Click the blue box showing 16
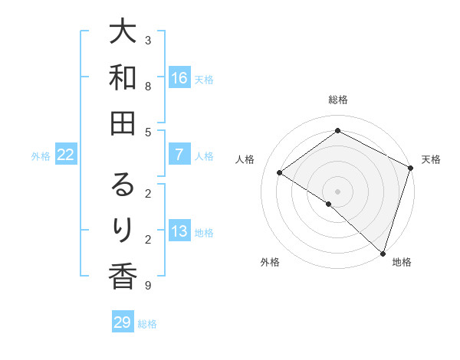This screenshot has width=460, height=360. coord(179,77)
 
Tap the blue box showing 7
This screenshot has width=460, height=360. coord(179,155)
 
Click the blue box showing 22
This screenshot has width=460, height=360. coord(66,155)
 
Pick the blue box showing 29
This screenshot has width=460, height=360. coord(123,322)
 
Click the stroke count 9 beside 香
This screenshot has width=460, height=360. coord(148,286)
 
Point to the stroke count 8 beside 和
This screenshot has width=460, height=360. coord(148,87)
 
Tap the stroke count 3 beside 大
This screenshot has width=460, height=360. coord(148,40)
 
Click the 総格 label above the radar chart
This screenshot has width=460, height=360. coord(337,100)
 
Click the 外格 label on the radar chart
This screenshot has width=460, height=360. coord(270,262)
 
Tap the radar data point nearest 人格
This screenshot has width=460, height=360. coord(280,172)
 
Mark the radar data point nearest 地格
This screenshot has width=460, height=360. coord(383,253)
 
